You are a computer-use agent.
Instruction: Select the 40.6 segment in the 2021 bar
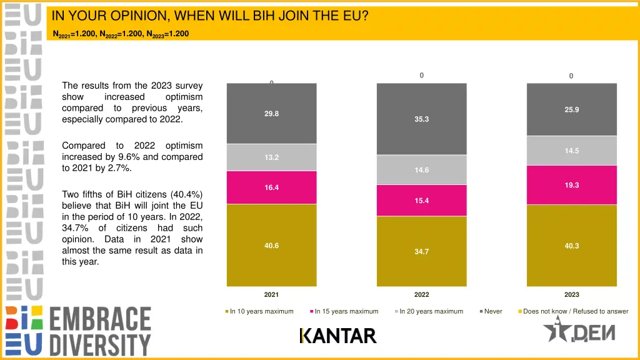tap(271, 246)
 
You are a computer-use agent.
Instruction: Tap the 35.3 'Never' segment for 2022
tap(421, 119)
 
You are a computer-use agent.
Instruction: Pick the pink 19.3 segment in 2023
tap(571, 185)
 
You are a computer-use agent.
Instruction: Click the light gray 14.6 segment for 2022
tap(421, 170)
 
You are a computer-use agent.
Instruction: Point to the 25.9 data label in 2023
tap(571, 109)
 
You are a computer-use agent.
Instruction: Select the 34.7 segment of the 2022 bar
tap(421, 251)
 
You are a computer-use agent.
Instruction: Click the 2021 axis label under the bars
tap(271, 294)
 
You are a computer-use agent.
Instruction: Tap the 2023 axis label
tap(571, 294)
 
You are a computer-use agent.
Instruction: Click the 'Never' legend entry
tap(492, 311)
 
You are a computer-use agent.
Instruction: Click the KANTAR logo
tap(338, 336)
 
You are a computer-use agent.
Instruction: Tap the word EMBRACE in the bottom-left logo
tap(100, 319)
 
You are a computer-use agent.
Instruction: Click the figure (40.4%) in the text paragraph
tap(184, 194)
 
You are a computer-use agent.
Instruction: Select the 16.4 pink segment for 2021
tap(271, 187)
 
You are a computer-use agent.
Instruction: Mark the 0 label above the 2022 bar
tap(421, 76)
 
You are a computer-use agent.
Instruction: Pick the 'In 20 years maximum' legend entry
tap(431, 311)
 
